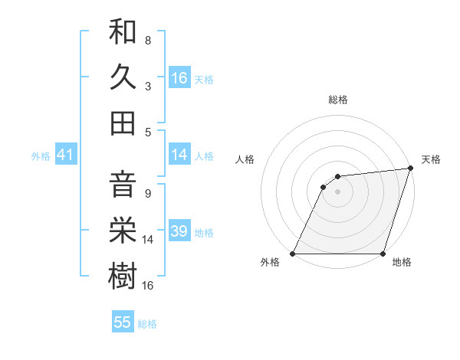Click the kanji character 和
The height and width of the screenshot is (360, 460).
pyautogui.click(x=123, y=33)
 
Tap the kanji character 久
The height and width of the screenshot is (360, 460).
pyautogui.click(x=123, y=77)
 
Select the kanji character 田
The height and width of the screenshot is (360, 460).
pyautogui.click(x=123, y=123)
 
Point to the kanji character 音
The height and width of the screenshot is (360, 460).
pyautogui.click(x=123, y=185)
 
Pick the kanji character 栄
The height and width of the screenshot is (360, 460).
pyautogui.click(x=123, y=230)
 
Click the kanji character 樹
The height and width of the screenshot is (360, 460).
pyautogui.click(x=123, y=275)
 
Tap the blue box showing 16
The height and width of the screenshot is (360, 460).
pyautogui.click(x=179, y=77)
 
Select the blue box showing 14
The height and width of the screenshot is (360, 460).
pyautogui.click(x=179, y=155)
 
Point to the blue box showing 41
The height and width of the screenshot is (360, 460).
pyautogui.click(x=65, y=155)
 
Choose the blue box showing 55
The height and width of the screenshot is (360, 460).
pyautogui.click(x=123, y=322)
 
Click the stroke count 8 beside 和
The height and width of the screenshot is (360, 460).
pyautogui.click(x=148, y=40)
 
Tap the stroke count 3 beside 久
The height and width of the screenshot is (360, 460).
pyautogui.click(x=148, y=87)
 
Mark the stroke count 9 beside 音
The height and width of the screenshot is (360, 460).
pyautogui.click(x=148, y=194)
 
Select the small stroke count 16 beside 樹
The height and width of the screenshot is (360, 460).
pyautogui.click(x=148, y=285)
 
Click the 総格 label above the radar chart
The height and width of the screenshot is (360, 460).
pyautogui.click(x=338, y=100)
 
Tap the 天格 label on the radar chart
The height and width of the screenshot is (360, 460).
pyautogui.click(x=431, y=159)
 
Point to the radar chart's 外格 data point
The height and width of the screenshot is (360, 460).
pyautogui.click(x=293, y=254)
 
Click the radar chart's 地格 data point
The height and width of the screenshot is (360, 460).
pyautogui.click(x=383, y=254)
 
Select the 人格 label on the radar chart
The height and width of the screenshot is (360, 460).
pyautogui.click(x=245, y=159)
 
